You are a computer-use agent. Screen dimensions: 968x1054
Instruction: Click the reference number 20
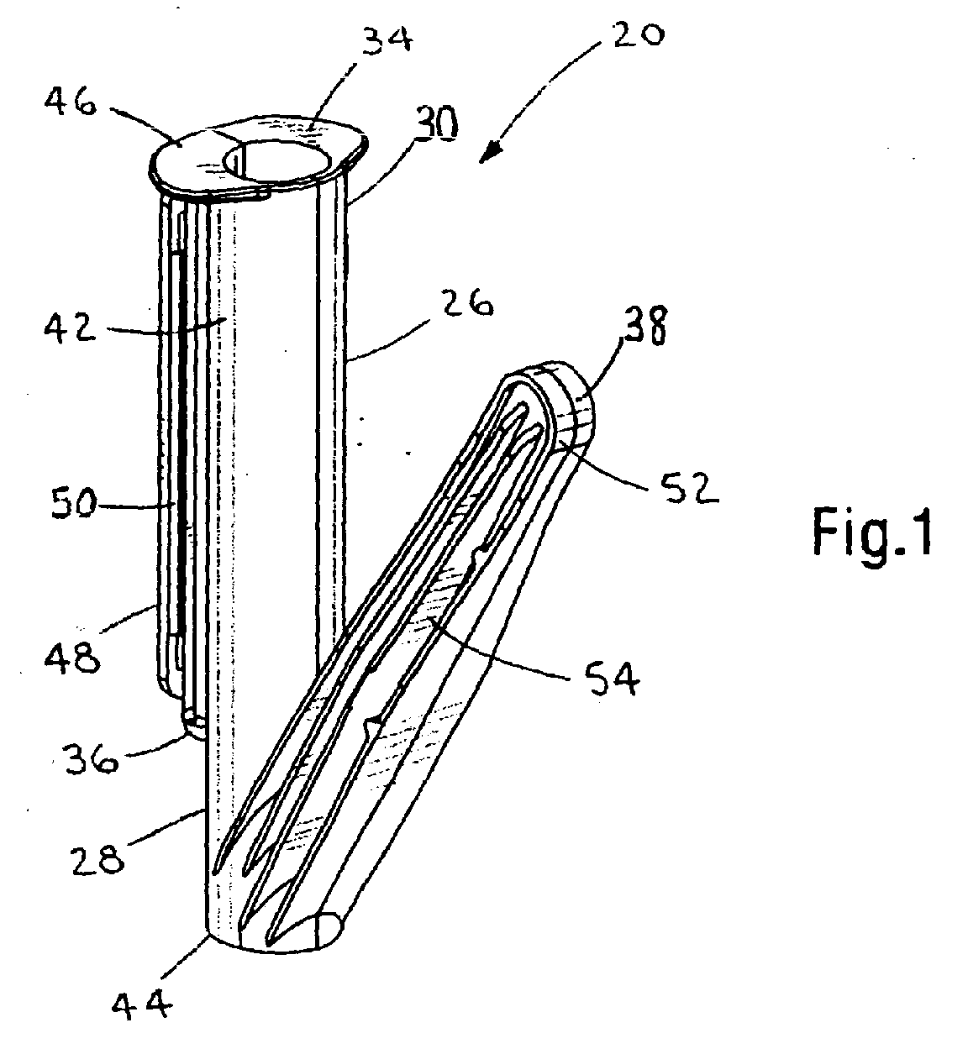tap(638, 36)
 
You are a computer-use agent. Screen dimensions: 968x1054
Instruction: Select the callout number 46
tap(71, 103)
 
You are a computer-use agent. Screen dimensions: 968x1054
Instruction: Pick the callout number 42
tap(70, 328)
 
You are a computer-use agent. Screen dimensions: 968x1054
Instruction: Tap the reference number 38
tap(644, 325)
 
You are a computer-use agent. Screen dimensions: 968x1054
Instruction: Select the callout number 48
tap(72, 657)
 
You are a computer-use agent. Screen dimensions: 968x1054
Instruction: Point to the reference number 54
tap(613, 679)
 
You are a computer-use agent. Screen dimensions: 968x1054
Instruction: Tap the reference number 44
tap(141, 1002)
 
